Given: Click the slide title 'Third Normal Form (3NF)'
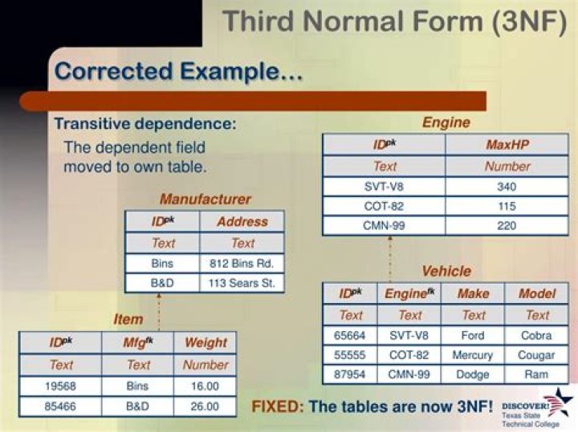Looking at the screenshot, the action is pos(394,21).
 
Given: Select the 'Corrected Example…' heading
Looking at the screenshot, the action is pos(178,71).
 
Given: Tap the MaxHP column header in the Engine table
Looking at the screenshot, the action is pos(507,144).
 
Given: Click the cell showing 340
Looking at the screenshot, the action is pos(507,187).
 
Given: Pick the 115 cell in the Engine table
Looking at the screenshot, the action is pos(507,206).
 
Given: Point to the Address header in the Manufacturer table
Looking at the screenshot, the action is pos(242,221).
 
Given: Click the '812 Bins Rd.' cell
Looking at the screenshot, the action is pos(242,264).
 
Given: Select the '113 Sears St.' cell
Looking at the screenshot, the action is pos(242,283).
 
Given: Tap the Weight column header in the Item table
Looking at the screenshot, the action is pos(206,342).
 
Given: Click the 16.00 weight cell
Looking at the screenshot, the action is pos(206,386).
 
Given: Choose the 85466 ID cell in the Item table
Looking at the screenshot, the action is pos(60,406).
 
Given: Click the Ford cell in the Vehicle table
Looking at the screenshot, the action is pos(473,335).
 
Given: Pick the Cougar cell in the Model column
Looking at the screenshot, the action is pos(536,355).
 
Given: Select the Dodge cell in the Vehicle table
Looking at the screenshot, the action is pos(473,374).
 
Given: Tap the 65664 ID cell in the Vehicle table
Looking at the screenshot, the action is pos(350,335).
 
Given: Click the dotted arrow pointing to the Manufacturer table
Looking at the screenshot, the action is pos(159,312).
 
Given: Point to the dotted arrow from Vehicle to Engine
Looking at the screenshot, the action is pos(390,259).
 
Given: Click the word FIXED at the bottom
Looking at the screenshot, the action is pos(276,406).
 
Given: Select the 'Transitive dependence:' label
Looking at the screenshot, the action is pos(145,123).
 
